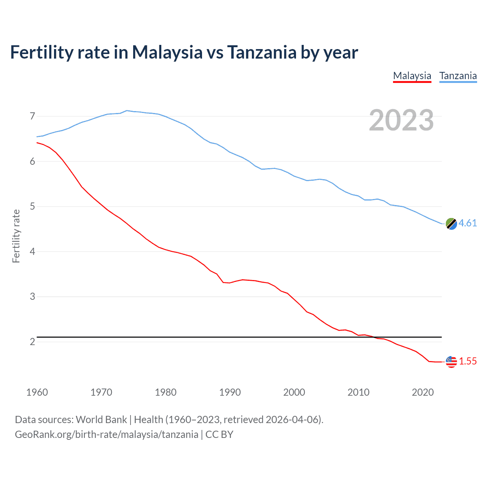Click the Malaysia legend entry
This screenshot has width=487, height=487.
[412, 76]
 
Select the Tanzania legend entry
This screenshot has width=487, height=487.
[458, 76]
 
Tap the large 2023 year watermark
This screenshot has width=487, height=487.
[401, 120]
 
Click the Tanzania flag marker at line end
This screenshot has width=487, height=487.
[451, 224]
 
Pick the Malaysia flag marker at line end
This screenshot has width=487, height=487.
[451, 361]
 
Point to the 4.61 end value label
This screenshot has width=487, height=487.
[468, 223]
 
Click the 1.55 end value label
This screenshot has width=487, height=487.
[468, 361]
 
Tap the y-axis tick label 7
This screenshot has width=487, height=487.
[32, 116]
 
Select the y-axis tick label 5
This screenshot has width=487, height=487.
[32, 207]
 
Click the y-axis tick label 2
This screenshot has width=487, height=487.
[32, 342]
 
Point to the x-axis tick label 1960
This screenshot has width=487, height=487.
[37, 392]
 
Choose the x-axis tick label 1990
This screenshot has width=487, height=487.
[230, 392]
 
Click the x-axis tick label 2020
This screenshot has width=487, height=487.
[423, 392]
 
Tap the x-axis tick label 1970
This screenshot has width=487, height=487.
[101, 392]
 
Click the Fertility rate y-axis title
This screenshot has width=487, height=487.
[16, 236]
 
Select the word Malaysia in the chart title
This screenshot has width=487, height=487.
[167, 53]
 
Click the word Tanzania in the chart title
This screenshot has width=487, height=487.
[262, 53]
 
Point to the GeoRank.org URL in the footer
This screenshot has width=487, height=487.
[107, 434]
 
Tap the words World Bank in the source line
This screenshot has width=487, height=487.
[101, 420]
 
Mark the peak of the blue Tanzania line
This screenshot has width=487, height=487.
[127, 110]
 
